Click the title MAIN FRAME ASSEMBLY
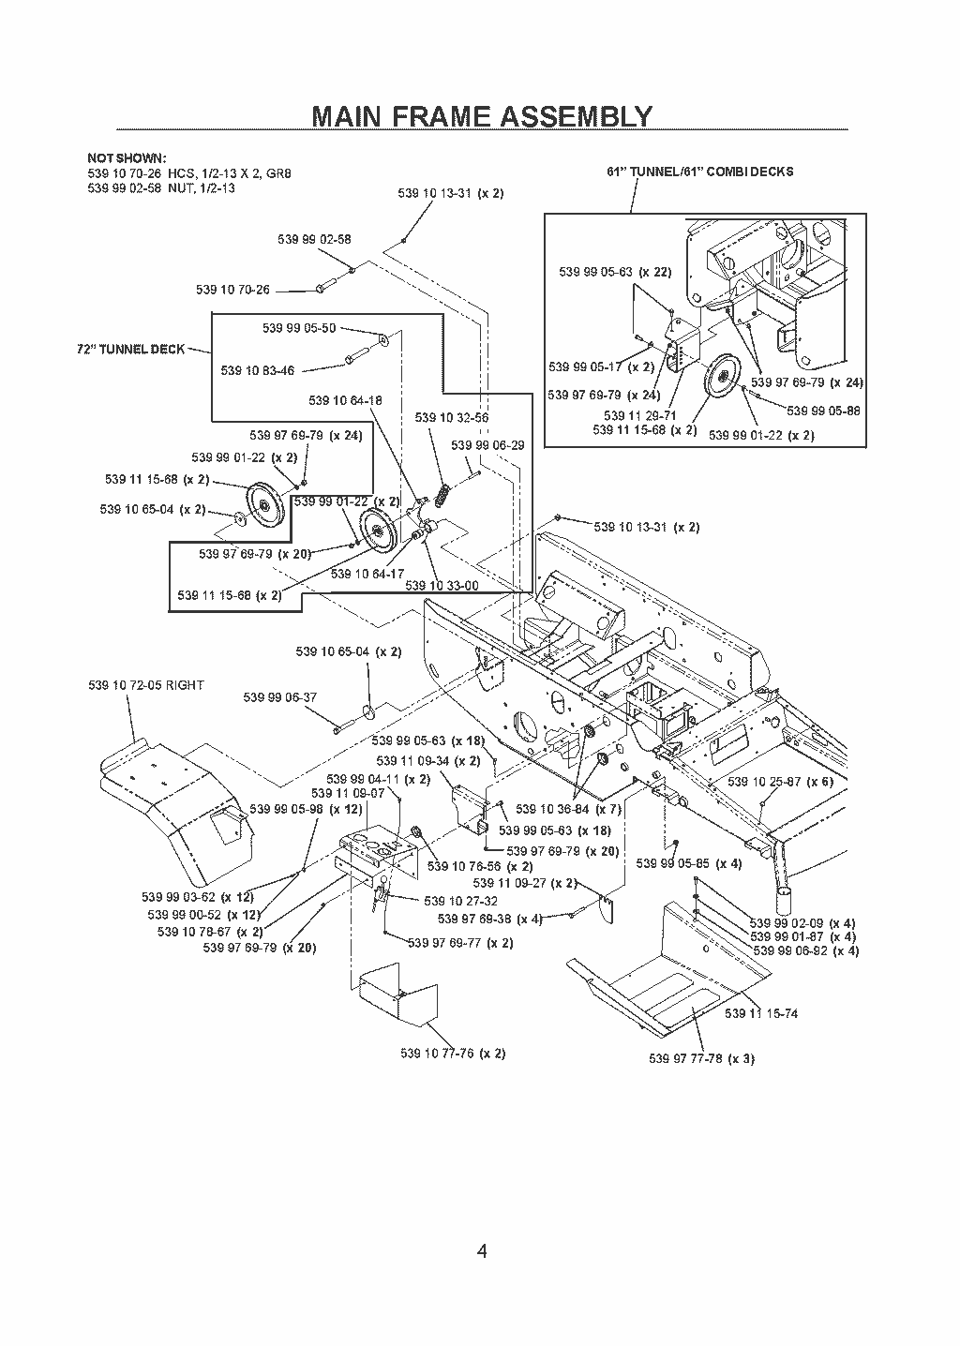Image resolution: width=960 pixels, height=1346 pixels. (482, 116)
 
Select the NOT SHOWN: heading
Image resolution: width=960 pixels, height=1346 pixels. (127, 158)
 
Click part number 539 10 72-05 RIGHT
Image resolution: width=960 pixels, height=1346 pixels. (146, 685)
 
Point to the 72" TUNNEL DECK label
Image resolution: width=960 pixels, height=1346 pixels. (131, 349)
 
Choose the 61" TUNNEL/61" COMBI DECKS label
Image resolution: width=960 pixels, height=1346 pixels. (699, 172)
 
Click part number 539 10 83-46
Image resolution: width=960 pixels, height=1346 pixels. (257, 371)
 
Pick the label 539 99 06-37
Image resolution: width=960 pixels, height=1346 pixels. (279, 697)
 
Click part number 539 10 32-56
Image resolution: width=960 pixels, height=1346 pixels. (452, 418)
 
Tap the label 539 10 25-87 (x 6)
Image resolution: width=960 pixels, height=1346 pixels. (780, 782)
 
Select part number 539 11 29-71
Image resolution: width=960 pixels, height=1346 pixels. (639, 416)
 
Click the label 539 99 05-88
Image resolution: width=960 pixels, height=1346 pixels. (823, 411)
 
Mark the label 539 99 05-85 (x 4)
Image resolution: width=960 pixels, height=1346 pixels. (689, 863)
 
